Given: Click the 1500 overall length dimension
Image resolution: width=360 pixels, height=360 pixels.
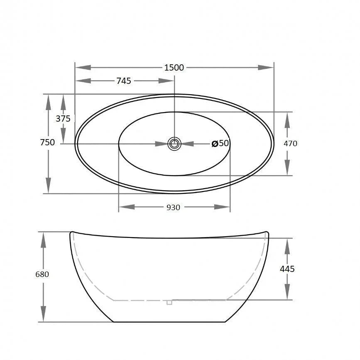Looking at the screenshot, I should (x=174, y=68).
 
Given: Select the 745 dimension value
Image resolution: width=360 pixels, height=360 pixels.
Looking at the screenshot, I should (x=123, y=81).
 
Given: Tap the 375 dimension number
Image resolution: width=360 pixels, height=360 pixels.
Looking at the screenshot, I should (x=63, y=118).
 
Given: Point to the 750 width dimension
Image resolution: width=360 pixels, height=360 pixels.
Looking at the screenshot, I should (x=47, y=142).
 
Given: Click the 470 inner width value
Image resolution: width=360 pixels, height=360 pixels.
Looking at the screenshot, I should (x=290, y=144).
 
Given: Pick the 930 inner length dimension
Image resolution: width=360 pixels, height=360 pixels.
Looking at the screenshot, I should (x=173, y=207).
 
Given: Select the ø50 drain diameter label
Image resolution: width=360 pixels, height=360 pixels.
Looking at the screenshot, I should (x=220, y=144).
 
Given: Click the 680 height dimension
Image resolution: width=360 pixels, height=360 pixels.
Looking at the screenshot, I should (x=42, y=274).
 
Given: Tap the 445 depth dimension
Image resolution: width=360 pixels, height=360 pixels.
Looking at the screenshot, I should (x=287, y=269).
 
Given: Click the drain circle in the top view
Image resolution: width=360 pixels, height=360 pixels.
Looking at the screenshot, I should (x=174, y=144).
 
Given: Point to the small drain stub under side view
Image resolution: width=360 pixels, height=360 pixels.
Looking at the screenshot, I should (x=169, y=302).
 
